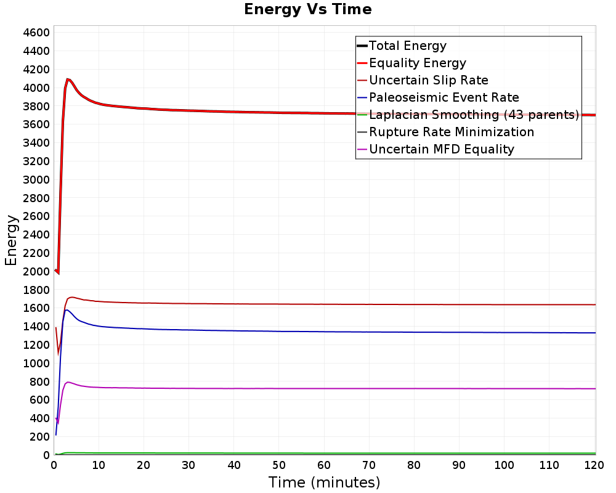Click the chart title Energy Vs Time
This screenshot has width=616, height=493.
point(307,9)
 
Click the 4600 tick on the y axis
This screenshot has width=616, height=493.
point(36,33)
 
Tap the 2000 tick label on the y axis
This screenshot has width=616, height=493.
point(36,272)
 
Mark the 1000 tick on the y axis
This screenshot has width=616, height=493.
point(36,364)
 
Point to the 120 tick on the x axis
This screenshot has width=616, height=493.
point(594,465)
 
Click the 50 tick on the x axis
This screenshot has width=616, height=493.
point(279,465)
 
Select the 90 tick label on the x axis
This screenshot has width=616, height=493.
point(459,465)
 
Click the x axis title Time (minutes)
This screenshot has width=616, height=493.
point(324,483)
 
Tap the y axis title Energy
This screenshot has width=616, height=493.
point(11,240)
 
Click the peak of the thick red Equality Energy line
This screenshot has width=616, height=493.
point(68,79)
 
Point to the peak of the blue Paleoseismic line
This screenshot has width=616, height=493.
point(67,310)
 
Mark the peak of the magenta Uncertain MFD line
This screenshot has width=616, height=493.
point(68,382)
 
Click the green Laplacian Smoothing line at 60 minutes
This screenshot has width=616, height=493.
point(324,454)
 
